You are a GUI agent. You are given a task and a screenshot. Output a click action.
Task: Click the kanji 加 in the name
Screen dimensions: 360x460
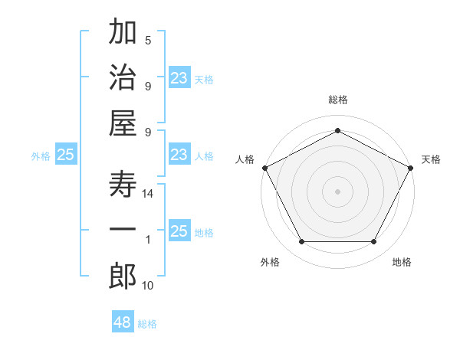pyautogui.click(x=123, y=34)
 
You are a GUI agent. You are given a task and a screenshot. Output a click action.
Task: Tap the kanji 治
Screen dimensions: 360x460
pyautogui.click(x=123, y=78)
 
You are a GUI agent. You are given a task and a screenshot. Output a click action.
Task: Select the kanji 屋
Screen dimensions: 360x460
pyautogui.click(x=123, y=123)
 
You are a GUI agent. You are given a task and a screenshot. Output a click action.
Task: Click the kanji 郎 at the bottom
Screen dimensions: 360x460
pyautogui.click(x=123, y=277)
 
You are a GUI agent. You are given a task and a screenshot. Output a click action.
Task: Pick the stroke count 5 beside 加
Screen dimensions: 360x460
pyautogui.click(x=148, y=41)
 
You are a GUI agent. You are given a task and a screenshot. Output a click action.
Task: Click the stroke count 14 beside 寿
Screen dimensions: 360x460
pyautogui.click(x=149, y=195)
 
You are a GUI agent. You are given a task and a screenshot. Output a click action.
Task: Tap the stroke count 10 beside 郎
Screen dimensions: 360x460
pyautogui.click(x=148, y=286)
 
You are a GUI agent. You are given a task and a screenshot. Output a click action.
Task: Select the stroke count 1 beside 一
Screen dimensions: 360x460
pyautogui.click(x=149, y=241)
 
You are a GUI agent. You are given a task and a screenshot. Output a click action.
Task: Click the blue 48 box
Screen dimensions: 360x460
pyautogui.click(x=123, y=322)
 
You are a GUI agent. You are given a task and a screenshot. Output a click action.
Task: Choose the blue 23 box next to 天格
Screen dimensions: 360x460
pyautogui.click(x=179, y=77)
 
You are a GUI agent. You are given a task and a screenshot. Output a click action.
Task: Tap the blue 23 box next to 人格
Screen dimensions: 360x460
pyautogui.click(x=179, y=155)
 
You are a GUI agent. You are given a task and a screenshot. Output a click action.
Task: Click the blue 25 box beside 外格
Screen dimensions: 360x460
pyautogui.click(x=66, y=155)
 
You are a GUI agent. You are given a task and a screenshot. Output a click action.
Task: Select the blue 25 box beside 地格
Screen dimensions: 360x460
pyautogui.click(x=179, y=232)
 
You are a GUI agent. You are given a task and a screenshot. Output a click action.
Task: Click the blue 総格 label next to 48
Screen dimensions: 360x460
pyautogui.click(x=147, y=324)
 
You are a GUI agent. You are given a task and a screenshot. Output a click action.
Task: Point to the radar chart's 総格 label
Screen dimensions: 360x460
pyautogui.click(x=337, y=100)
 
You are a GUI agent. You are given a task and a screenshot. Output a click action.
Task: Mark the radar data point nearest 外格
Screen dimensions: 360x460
pyautogui.click(x=301, y=242)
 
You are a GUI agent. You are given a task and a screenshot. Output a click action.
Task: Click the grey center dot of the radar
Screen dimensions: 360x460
pyautogui.click(x=337, y=191)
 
